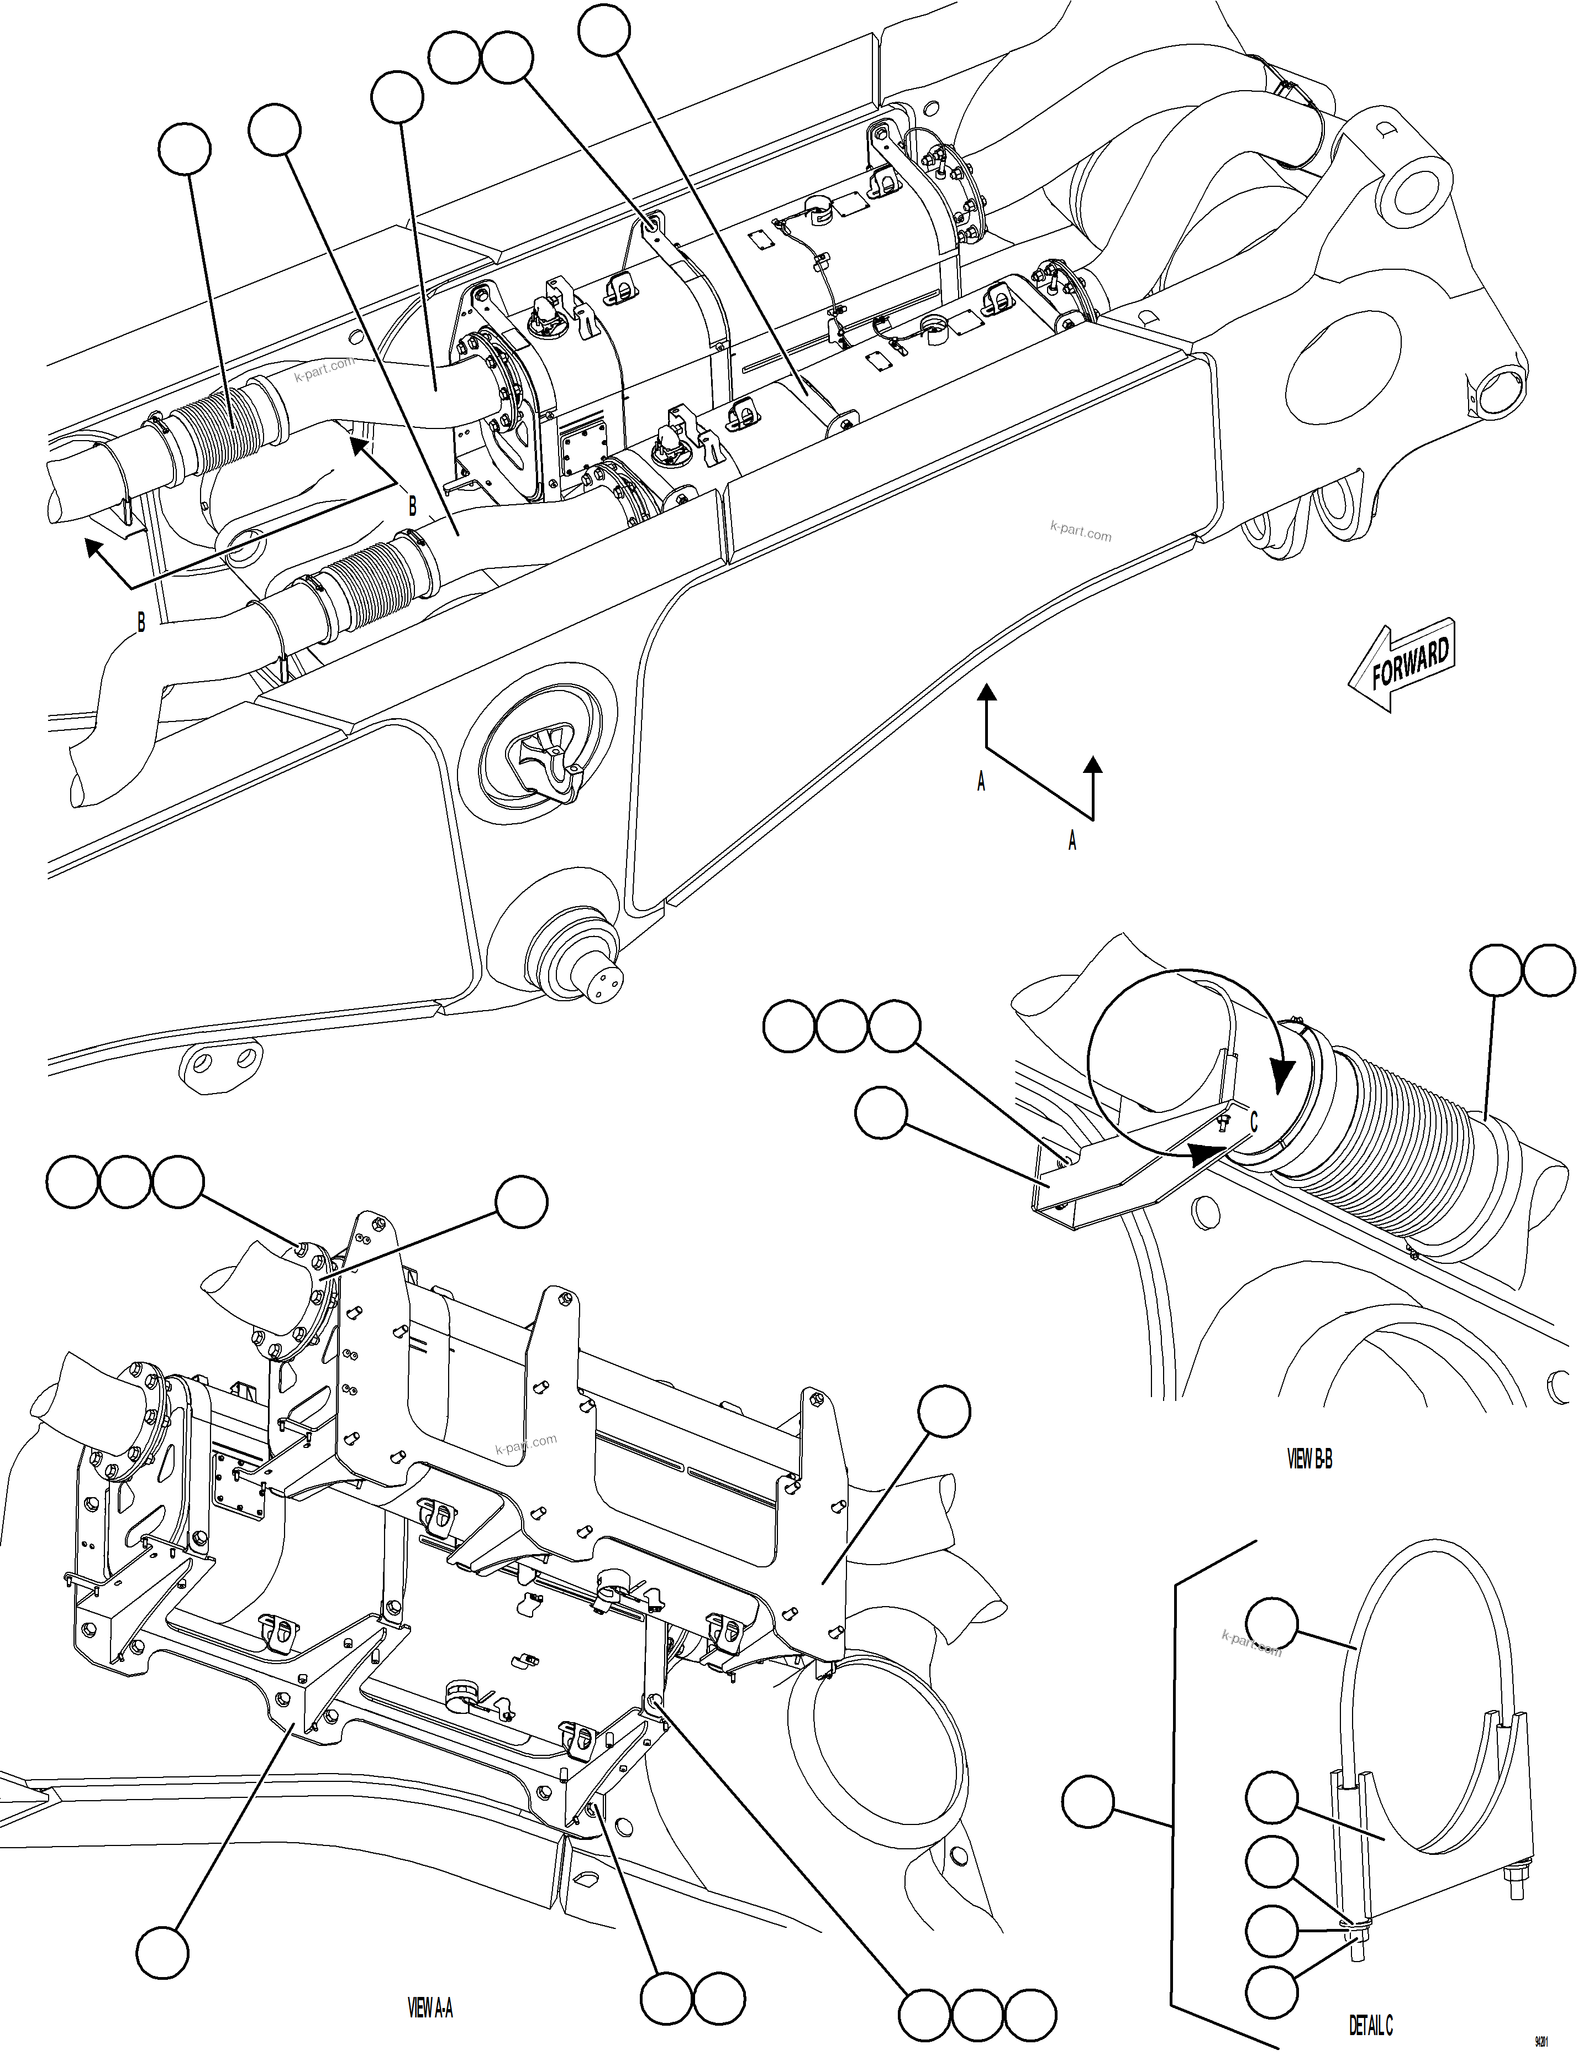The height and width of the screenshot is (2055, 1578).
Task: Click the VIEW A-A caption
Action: tap(430, 2008)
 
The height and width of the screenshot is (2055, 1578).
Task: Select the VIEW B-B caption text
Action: tap(1309, 1458)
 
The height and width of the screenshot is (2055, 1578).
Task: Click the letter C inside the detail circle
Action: tap(1253, 1122)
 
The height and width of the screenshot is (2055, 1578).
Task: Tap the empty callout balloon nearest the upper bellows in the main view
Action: tap(185, 149)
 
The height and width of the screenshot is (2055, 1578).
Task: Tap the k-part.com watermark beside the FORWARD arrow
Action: tap(1080, 533)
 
